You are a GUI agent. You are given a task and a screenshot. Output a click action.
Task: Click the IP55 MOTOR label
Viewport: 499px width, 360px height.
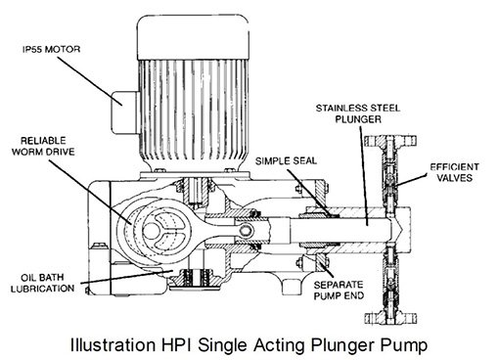click(51, 49)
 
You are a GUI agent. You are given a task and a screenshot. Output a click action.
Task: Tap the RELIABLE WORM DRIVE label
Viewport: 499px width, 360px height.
click(43, 147)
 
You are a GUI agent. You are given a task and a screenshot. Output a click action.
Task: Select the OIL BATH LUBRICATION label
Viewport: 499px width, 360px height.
click(42, 283)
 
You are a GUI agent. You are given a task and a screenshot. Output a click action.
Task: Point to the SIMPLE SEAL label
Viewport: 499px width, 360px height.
click(286, 161)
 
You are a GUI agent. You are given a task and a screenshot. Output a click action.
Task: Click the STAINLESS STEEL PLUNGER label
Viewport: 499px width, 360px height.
click(358, 113)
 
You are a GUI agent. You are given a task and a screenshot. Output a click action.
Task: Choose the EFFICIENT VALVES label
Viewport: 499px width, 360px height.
click(454, 172)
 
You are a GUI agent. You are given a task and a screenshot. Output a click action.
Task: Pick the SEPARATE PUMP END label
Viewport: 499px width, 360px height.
click(339, 290)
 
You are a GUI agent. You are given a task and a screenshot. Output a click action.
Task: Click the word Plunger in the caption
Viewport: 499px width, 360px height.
click(343, 345)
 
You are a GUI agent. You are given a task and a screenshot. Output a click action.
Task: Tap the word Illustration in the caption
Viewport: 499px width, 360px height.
click(113, 344)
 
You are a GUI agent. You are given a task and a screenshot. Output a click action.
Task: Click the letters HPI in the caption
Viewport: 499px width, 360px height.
click(177, 344)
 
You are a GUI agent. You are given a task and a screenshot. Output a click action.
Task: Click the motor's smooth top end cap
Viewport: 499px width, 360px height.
click(193, 37)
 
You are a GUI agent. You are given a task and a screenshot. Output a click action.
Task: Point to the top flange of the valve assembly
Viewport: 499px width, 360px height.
click(390, 141)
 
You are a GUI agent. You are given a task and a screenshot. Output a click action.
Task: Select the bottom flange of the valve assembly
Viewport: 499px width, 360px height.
click(390, 318)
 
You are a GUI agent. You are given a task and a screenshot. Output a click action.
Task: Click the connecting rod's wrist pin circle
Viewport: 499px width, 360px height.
click(246, 231)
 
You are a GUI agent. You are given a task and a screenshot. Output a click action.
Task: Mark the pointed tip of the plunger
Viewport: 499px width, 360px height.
click(403, 226)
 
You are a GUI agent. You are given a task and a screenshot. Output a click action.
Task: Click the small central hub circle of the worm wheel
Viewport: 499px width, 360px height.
click(150, 231)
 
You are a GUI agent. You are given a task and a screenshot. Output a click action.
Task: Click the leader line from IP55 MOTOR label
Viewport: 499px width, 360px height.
click(90, 81)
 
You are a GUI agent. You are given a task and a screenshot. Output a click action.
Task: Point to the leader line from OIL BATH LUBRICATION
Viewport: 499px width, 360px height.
click(127, 277)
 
